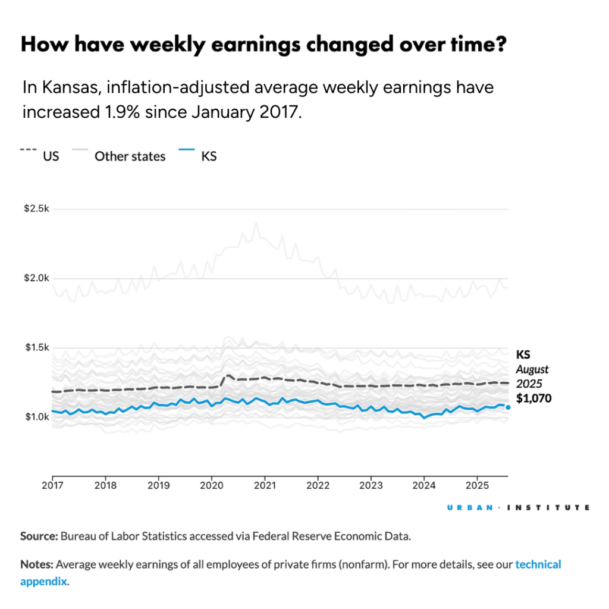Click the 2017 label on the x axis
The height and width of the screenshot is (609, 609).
(x=52, y=485)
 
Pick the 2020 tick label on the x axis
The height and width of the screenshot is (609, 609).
(x=211, y=485)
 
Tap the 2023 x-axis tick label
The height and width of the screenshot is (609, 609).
(x=371, y=485)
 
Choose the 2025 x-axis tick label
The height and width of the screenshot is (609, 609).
(x=476, y=485)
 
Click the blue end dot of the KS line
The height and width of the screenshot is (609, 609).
(x=508, y=407)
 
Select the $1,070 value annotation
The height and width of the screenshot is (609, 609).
(x=533, y=398)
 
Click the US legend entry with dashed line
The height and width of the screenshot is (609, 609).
(x=40, y=156)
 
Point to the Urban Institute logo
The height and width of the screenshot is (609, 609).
(x=517, y=508)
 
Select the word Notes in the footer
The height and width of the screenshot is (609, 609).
(x=37, y=564)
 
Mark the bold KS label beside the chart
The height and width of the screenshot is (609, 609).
(x=524, y=354)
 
